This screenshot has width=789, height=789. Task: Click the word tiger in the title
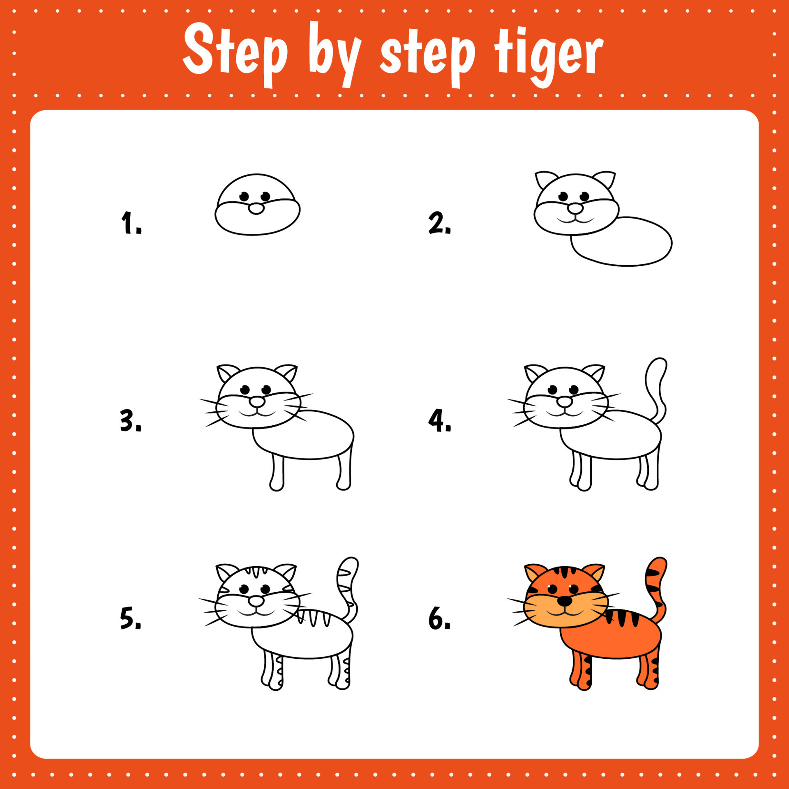pos(548,55)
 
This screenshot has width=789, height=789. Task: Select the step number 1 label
pos(131,223)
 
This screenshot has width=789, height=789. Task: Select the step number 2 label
pos(439,223)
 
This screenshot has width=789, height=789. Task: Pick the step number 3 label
pos(130,420)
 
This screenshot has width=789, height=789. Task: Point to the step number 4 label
pos(439,420)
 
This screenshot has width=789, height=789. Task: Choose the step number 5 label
pos(130,618)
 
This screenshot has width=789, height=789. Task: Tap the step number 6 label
pos(439,618)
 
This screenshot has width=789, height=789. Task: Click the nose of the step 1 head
pos(256,209)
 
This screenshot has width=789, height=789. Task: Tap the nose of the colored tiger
pos(565,601)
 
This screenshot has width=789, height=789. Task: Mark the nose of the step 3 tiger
pos(257,402)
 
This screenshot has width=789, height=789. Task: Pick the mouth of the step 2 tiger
pos(575,220)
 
